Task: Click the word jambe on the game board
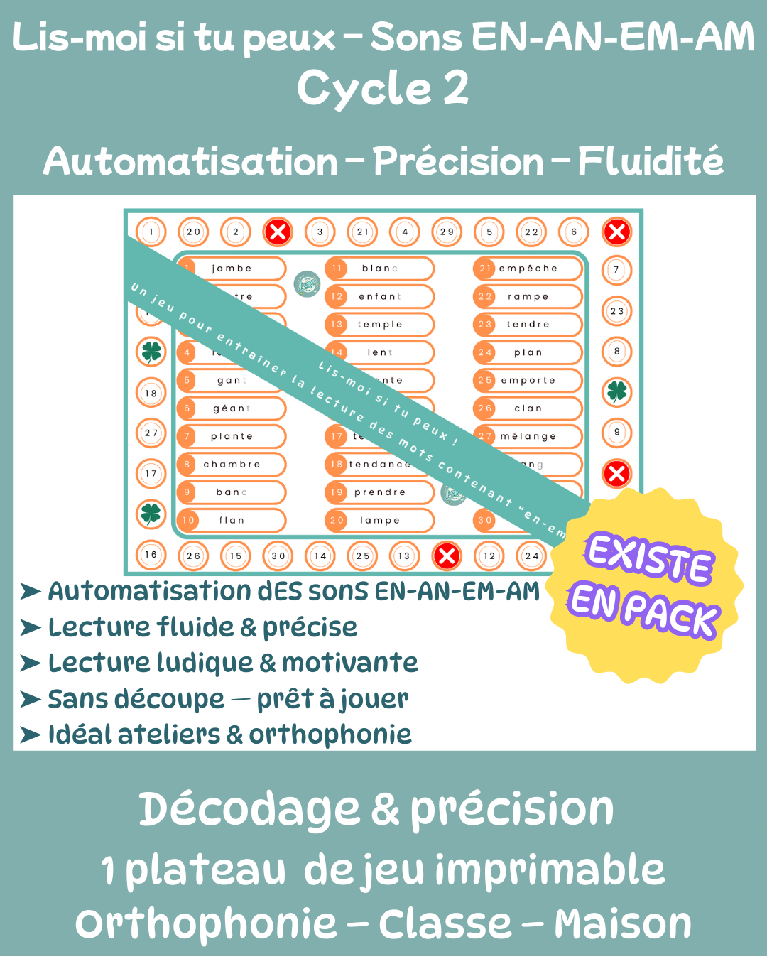tap(232, 269)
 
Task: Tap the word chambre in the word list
tap(232, 465)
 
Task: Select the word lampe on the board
tap(380, 521)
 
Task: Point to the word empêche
tap(528, 269)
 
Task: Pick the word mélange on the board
tap(528, 437)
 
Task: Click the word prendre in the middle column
tap(380, 492)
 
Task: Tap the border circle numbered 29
tap(447, 232)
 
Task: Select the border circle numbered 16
tap(151, 555)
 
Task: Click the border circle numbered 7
tap(616, 270)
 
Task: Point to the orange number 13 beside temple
tap(337, 325)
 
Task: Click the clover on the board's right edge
tap(616, 391)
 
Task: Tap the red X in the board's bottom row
tap(447, 556)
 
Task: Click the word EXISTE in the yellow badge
tap(648, 559)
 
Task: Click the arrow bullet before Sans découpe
tap(31, 700)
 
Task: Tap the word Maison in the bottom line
tap(623, 924)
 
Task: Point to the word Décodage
tap(249, 810)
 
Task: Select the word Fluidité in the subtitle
tap(651, 162)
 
